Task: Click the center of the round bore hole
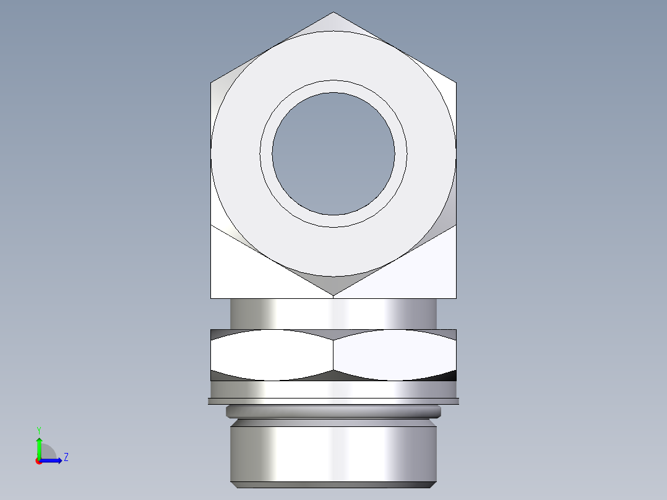pos(333,154)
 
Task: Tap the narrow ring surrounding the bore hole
pos(333,86)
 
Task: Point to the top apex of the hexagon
pos(333,12)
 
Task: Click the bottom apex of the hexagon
pos(333,295)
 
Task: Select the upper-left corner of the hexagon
pos(212,82)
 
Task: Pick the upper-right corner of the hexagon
pos(456,82)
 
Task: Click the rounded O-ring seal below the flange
pos(333,412)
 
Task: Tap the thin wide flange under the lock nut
pos(333,401)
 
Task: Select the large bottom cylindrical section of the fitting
pos(333,452)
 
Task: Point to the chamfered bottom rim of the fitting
pos(333,485)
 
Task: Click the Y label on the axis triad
pos(38,429)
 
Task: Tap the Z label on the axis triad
pos(66,458)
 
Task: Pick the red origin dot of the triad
pos(38,461)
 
